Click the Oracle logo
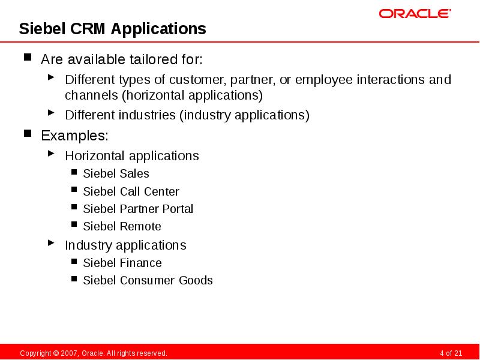pos(415,13)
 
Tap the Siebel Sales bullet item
pos(116,173)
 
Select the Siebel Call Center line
pos(131,191)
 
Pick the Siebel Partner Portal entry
pos(138,209)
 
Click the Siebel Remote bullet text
pos(122,226)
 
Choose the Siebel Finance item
pos(122,263)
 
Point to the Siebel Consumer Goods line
pos(148,280)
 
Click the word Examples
pos(74,135)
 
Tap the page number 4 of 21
pos(451,353)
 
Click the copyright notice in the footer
pos(93,353)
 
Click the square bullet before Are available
pos(28,59)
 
